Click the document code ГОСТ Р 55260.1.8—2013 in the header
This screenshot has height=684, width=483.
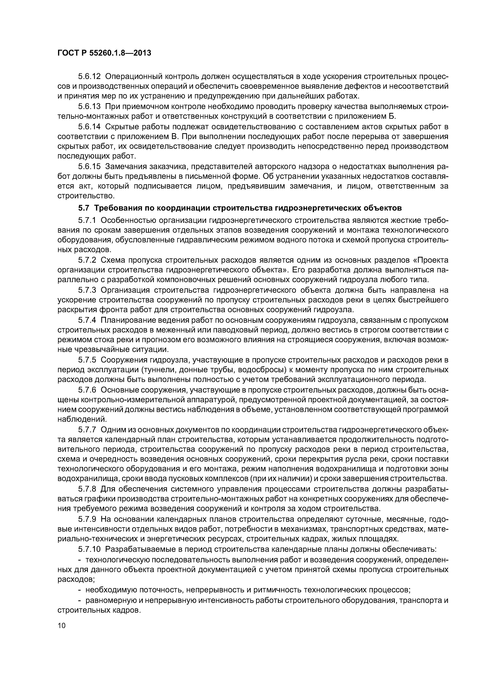tap(104, 53)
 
